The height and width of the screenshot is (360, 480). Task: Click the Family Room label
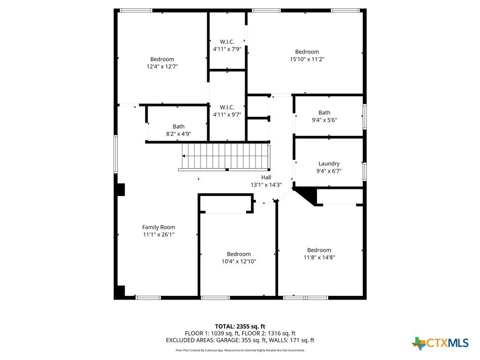[158, 227]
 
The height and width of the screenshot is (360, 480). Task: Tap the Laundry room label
[329, 164]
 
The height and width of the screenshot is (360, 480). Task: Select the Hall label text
[266, 177]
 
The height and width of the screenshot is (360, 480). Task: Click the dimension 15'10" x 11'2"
[307, 59]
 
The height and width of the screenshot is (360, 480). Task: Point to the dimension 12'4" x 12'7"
[162, 67]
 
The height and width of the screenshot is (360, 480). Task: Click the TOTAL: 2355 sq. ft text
[240, 326]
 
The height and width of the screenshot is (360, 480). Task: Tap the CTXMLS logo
[440, 343]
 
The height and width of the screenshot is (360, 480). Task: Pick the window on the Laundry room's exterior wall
[365, 172]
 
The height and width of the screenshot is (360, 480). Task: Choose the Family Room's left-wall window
[116, 154]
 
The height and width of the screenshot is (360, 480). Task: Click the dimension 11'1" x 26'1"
[158, 234]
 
